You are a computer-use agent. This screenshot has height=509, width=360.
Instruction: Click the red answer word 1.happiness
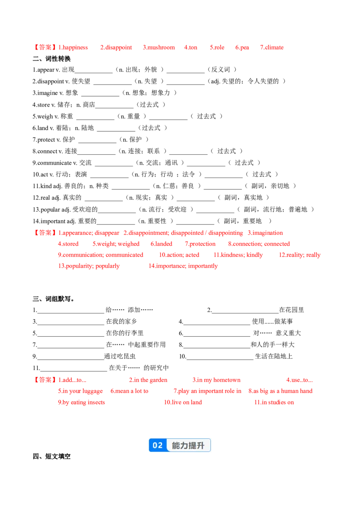(73, 47)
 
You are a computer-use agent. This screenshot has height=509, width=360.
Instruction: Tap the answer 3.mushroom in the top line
(159, 47)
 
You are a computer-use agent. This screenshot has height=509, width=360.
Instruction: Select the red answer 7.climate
(272, 47)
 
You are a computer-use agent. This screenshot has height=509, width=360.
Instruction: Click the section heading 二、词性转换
(52, 59)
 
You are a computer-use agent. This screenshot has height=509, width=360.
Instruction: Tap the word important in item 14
(53, 221)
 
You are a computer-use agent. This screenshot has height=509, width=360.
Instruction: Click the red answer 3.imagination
(265, 233)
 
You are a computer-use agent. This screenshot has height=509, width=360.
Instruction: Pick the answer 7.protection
(200, 244)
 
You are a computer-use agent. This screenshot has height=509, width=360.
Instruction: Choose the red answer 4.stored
(68, 244)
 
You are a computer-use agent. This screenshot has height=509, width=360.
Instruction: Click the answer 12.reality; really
(300, 255)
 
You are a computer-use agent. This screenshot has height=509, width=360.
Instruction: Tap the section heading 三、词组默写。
(53, 299)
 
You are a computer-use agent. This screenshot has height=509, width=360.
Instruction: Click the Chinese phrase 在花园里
(292, 310)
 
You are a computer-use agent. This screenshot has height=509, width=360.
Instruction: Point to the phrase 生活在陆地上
(274, 357)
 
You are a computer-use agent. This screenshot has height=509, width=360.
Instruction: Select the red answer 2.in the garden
(148, 380)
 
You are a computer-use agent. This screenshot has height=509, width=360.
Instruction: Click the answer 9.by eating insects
(81, 402)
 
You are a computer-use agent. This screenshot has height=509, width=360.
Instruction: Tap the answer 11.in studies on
(274, 402)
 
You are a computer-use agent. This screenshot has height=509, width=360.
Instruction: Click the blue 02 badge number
(157, 445)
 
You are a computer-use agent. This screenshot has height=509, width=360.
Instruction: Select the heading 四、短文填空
(52, 456)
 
